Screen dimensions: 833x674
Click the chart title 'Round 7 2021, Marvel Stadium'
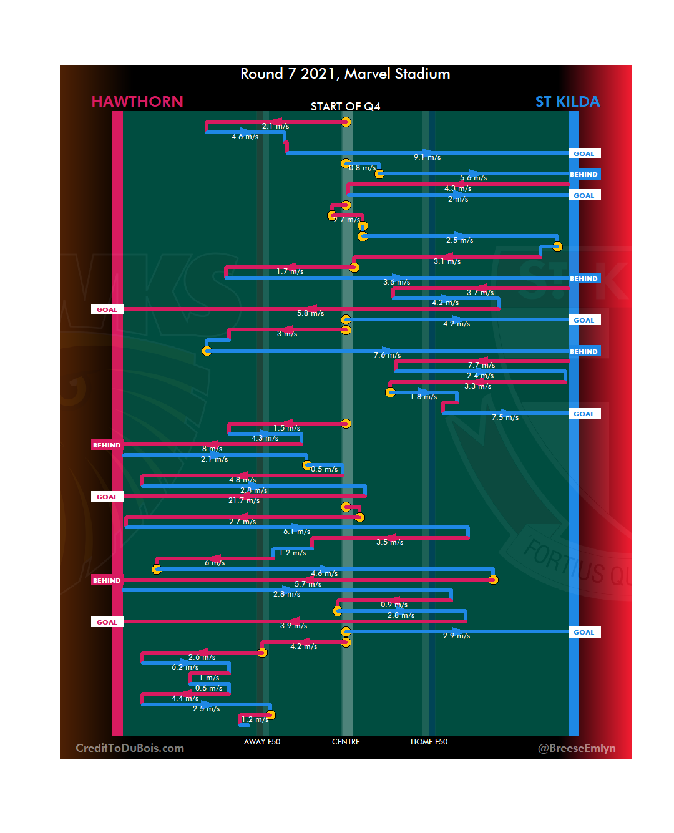click(345, 74)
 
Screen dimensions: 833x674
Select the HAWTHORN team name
click(137, 102)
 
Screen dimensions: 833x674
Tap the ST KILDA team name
click(567, 102)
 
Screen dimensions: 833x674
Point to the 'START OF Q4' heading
click(345, 107)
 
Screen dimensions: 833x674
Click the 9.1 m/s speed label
click(427, 157)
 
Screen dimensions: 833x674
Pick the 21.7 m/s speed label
click(244, 500)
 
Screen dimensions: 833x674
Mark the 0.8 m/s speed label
click(363, 168)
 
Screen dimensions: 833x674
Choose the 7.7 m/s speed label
click(481, 365)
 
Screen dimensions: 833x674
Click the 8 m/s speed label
click(212, 449)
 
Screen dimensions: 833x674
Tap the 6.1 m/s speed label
click(297, 532)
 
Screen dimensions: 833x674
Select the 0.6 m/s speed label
click(208, 688)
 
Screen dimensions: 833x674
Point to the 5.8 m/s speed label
click(310, 313)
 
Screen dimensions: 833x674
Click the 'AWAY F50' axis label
click(262, 742)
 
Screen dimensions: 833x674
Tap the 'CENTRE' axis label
click(346, 742)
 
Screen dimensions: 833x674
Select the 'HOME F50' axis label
click(429, 742)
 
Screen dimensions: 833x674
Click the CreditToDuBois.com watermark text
click(130, 748)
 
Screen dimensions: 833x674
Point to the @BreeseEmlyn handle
click(577, 748)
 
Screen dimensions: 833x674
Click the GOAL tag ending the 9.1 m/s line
click(584, 153)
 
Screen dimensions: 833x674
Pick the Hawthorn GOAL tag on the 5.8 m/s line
click(107, 309)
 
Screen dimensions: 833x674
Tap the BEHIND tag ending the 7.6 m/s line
click(584, 351)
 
